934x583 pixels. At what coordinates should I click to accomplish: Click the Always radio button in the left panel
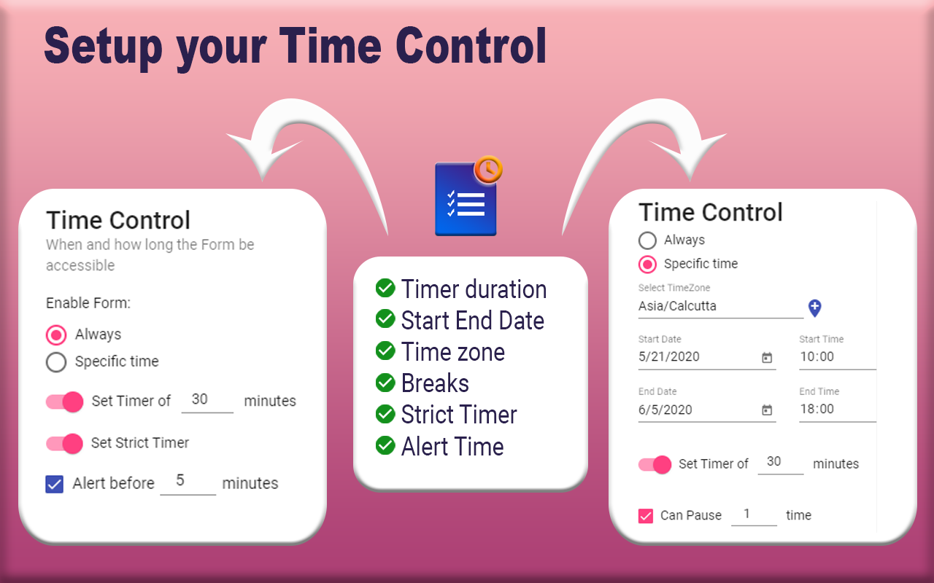click(56, 334)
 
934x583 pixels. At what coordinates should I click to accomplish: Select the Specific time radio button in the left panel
click(56, 361)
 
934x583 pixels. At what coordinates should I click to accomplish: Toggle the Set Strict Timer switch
click(65, 443)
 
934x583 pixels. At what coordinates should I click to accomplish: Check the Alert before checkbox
click(55, 484)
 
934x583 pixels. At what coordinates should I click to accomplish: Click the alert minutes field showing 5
click(188, 482)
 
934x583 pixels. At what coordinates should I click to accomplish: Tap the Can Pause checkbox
click(646, 516)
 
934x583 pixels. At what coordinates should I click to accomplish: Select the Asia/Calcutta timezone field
click(719, 307)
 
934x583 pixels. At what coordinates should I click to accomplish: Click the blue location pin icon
click(815, 308)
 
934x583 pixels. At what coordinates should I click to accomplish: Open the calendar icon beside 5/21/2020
click(767, 358)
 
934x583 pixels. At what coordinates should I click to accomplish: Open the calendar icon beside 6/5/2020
click(767, 410)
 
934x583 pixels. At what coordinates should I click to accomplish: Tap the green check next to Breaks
click(385, 383)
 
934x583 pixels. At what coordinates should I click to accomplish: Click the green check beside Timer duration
click(385, 289)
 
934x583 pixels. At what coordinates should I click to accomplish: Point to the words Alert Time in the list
click(452, 446)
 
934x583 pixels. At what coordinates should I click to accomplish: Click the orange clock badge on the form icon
click(488, 169)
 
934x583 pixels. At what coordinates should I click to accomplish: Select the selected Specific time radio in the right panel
click(647, 264)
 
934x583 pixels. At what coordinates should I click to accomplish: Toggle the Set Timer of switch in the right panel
click(655, 464)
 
